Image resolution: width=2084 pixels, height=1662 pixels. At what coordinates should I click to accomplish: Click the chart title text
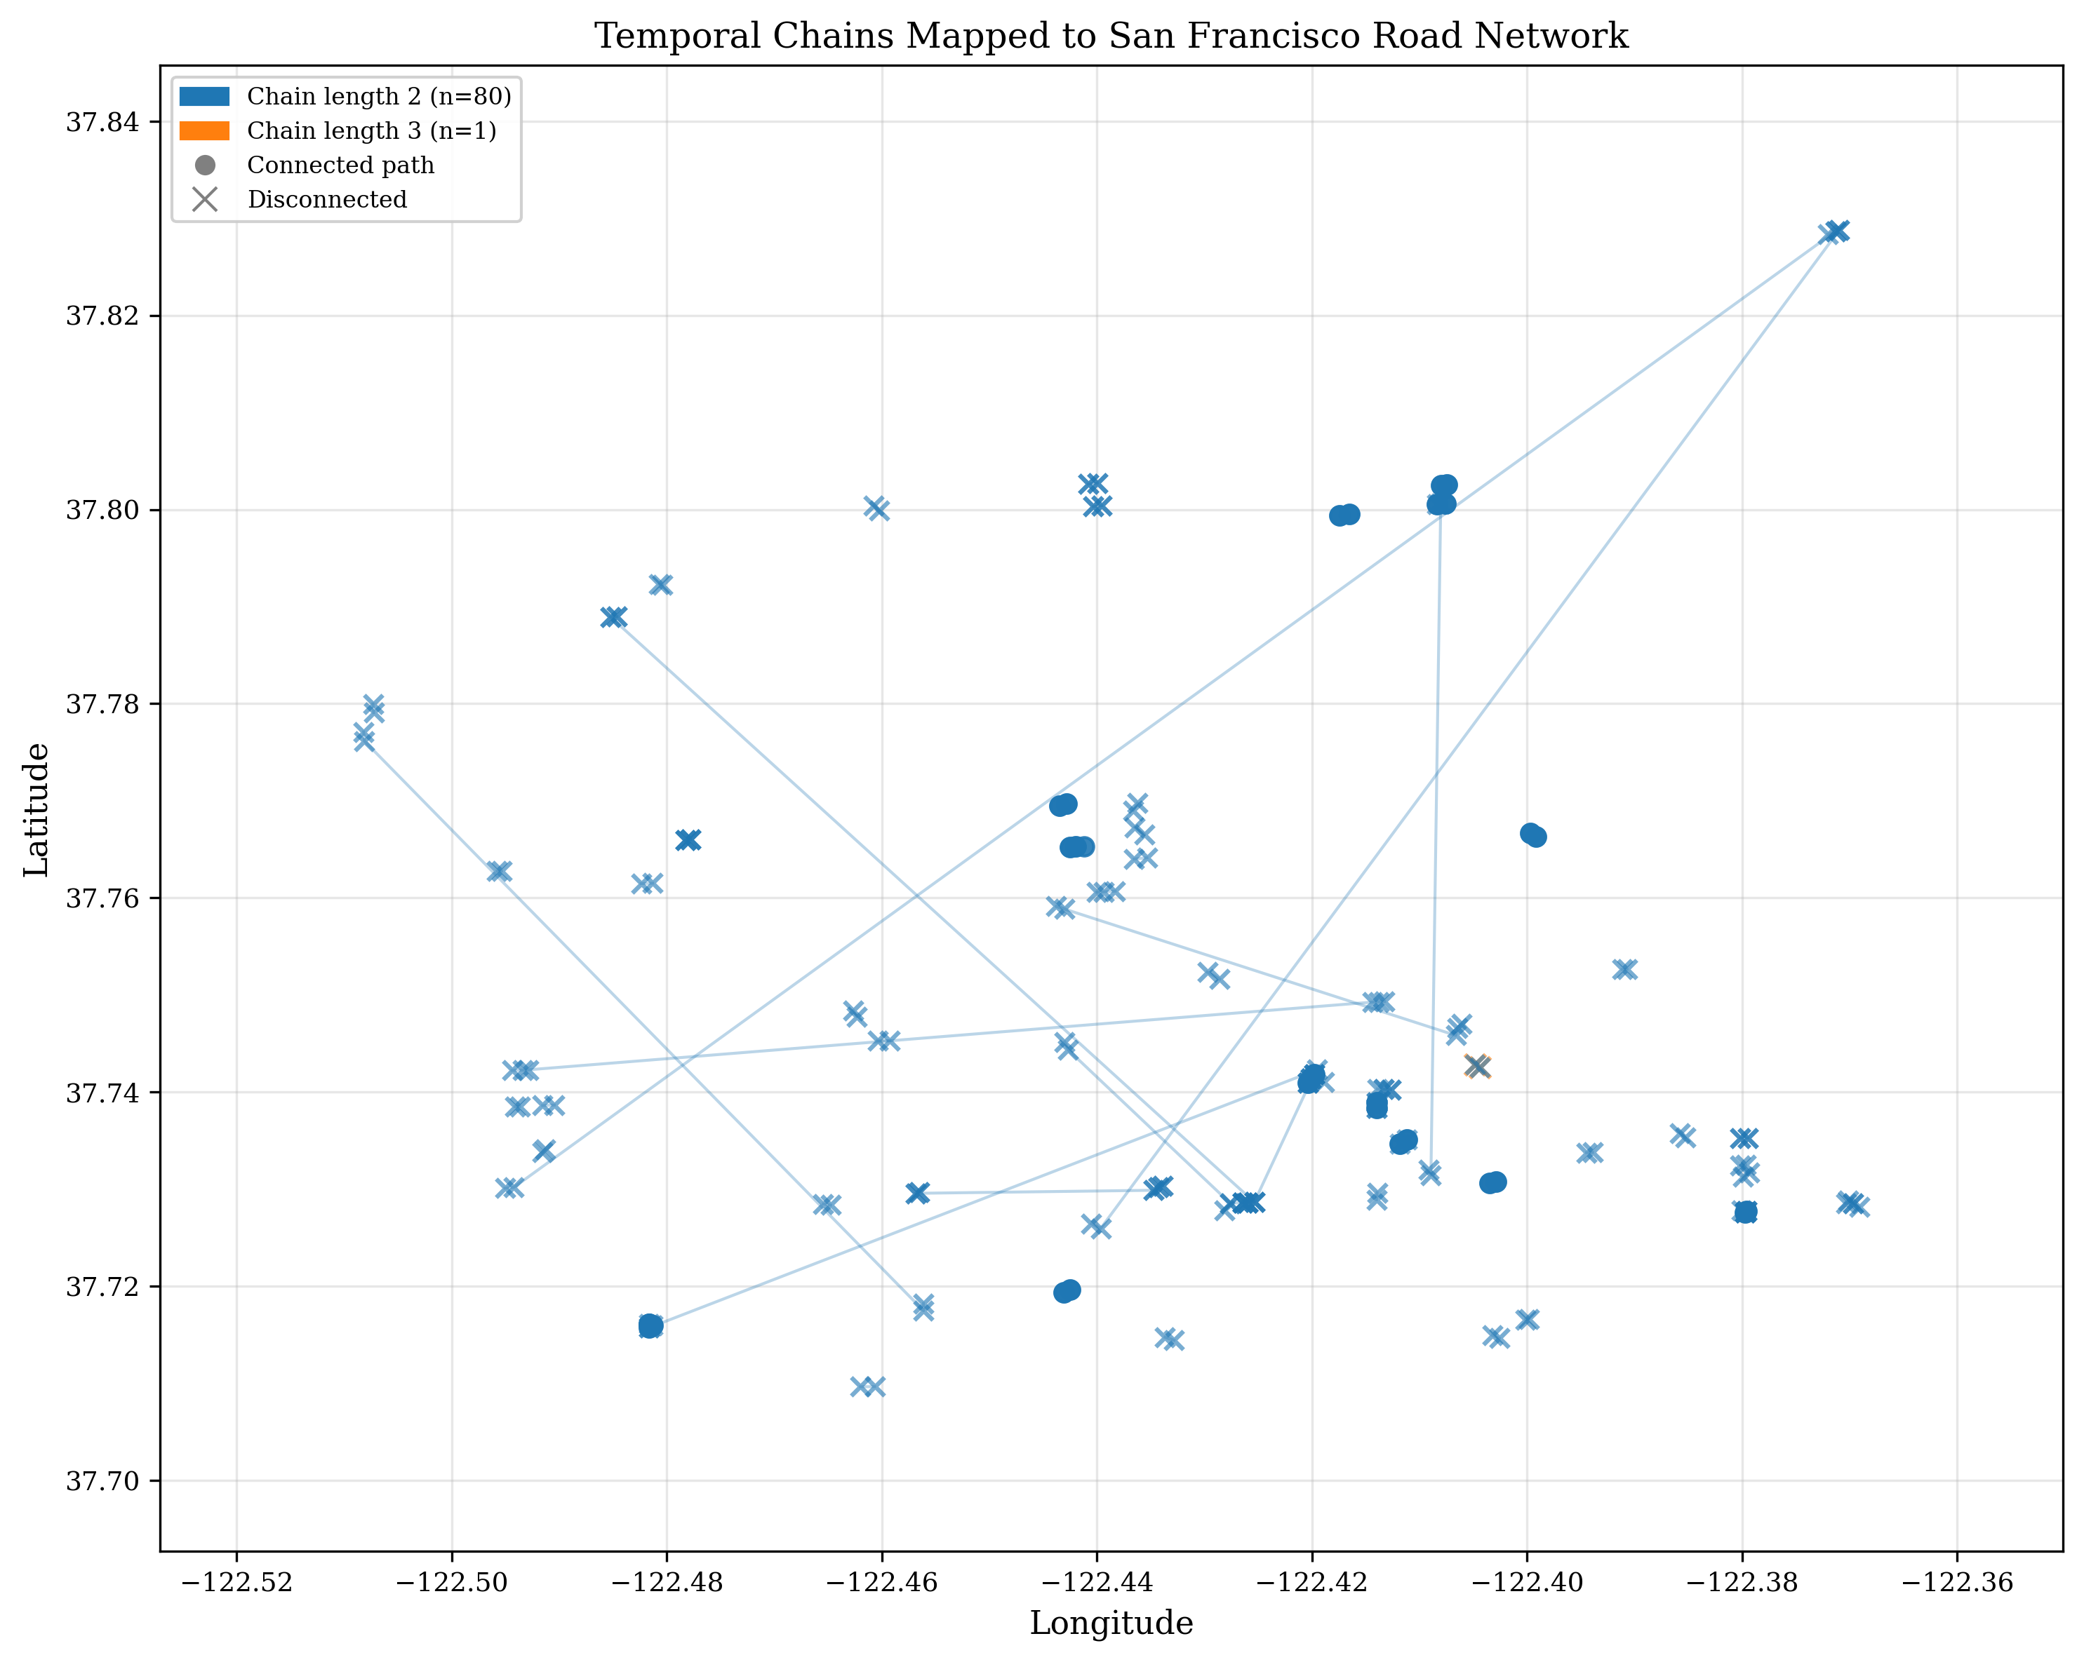[x=1111, y=36]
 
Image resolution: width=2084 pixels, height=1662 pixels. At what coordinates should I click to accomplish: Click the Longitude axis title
[x=1111, y=1623]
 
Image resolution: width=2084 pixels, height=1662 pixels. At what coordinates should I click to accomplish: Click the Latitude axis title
[x=36, y=810]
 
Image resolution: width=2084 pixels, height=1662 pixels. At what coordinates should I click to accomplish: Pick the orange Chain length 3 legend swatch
[x=204, y=130]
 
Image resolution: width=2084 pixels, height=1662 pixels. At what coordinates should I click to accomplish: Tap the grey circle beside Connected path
[x=204, y=165]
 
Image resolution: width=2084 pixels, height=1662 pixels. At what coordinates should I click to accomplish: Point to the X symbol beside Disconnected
[x=204, y=200]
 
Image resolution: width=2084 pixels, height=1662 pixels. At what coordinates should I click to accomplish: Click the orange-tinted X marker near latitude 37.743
[x=1478, y=1067]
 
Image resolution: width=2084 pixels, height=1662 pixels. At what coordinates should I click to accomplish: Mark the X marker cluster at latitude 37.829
[x=1833, y=232]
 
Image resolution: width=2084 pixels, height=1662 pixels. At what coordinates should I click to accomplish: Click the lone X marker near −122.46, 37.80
[x=876, y=508]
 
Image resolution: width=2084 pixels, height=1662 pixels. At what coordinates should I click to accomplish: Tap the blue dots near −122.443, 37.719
[x=1066, y=1291]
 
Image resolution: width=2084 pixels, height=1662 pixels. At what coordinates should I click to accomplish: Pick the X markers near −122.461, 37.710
[x=867, y=1386]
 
